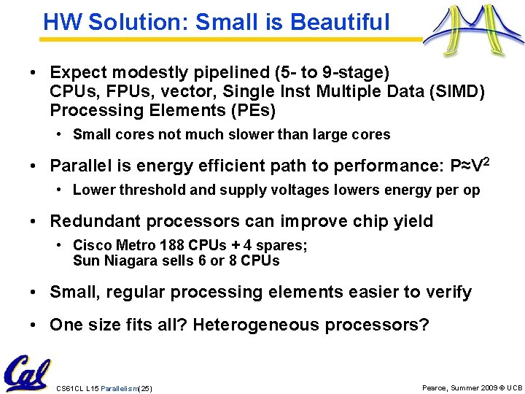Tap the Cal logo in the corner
(x=27, y=373)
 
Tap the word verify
(x=448, y=293)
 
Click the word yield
(x=411, y=221)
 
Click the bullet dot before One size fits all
(x=34, y=325)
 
